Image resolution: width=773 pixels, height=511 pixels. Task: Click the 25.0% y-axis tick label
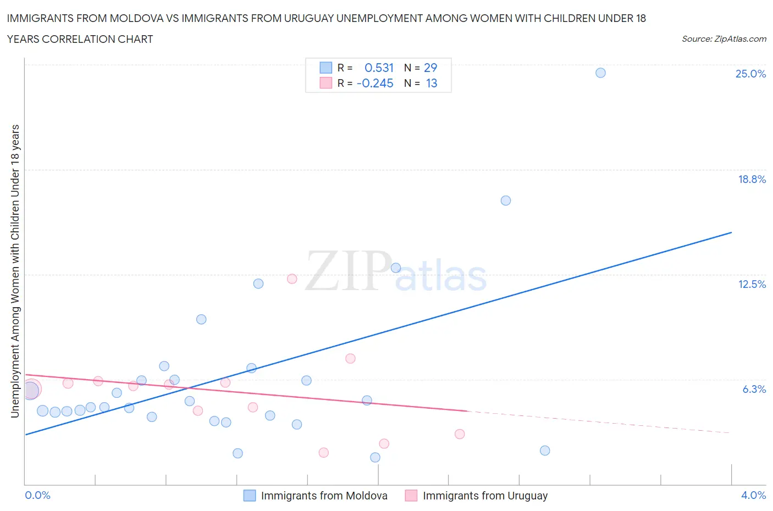(750, 74)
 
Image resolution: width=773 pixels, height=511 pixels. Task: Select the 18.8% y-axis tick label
(752, 179)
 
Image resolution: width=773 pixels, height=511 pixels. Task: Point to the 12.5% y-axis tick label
(752, 284)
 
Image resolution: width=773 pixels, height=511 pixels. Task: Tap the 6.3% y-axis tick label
(754, 389)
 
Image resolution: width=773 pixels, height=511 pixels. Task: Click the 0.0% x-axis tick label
(38, 495)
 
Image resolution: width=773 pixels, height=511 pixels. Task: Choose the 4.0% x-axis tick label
(753, 495)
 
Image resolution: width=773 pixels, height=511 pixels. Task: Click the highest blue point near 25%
(600, 73)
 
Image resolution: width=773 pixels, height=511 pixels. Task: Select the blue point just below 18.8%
(506, 201)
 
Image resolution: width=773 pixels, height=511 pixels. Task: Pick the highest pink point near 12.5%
(292, 279)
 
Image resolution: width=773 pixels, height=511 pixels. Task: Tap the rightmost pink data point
(460, 434)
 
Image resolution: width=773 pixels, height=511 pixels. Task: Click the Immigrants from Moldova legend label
(324, 496)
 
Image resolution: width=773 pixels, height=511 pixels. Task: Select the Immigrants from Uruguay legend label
(485, 496)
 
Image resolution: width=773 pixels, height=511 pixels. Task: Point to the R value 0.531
(379, 68)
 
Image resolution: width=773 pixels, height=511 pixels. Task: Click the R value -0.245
(375, 83)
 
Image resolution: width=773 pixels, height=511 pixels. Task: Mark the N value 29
(430, 68)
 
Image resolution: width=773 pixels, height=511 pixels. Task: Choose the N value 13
(432, 83)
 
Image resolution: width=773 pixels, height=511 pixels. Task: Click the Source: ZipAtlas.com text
(724, 39)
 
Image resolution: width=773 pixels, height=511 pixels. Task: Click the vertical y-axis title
(15, 271)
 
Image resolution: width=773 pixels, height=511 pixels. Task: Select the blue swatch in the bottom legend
(250, 496)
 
